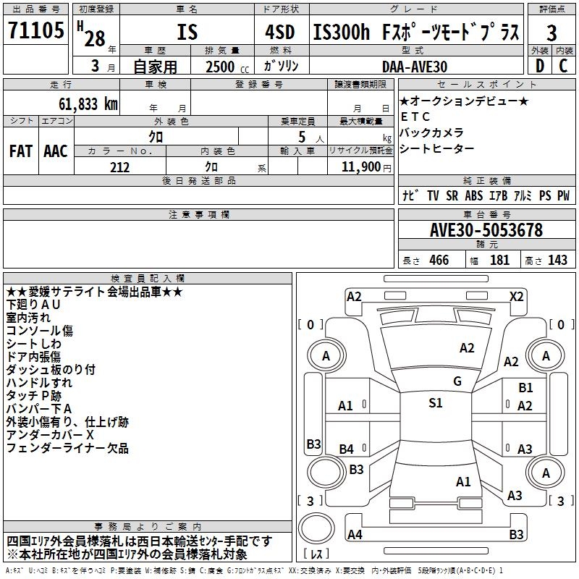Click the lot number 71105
35,31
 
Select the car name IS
187,34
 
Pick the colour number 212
119,167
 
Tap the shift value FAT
20,151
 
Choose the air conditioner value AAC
56,151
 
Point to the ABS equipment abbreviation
473,196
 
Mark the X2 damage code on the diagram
516,296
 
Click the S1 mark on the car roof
435,403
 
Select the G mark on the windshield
457,381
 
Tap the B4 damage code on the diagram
347,449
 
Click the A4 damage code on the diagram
355,535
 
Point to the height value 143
558,261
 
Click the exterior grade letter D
539,67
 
